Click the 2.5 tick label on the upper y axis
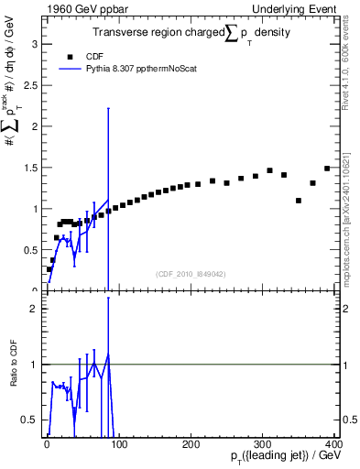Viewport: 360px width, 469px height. [30, 84]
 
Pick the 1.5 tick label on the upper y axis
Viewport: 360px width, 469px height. [30, 167]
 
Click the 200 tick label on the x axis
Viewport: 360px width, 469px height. [191, 444]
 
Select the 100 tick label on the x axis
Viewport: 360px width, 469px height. [118, 444]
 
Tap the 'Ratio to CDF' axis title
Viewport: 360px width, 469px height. [16, 364]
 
